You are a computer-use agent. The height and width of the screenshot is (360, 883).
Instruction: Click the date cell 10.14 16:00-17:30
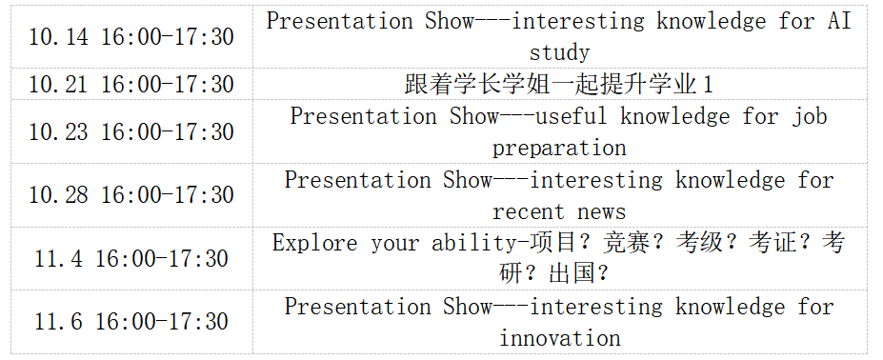(131, 37)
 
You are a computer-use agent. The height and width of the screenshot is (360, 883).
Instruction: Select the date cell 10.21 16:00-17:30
(131, 85)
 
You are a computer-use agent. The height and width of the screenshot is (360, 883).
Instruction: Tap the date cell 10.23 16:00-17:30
(131, 131)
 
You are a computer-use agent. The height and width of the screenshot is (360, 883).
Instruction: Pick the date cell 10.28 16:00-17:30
(131, 195)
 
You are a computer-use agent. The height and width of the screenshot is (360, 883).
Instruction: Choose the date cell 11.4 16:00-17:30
(131, 259)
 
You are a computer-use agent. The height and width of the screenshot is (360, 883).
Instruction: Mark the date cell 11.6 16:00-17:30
(131, 322)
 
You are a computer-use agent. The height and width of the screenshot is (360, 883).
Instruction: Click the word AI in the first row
(839, 21)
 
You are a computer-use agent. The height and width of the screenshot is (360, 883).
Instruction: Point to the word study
(559, 53)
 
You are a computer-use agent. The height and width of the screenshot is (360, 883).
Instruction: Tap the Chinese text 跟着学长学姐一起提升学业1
(559, 85)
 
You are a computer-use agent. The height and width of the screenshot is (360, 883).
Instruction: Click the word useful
(571, 116)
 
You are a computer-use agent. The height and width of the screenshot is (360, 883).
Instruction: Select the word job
(810, 117)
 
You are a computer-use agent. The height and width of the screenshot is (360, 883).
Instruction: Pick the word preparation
(559, 149)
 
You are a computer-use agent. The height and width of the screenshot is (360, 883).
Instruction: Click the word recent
(529, 211)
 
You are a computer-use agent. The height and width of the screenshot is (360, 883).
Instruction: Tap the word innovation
(560, 338)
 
